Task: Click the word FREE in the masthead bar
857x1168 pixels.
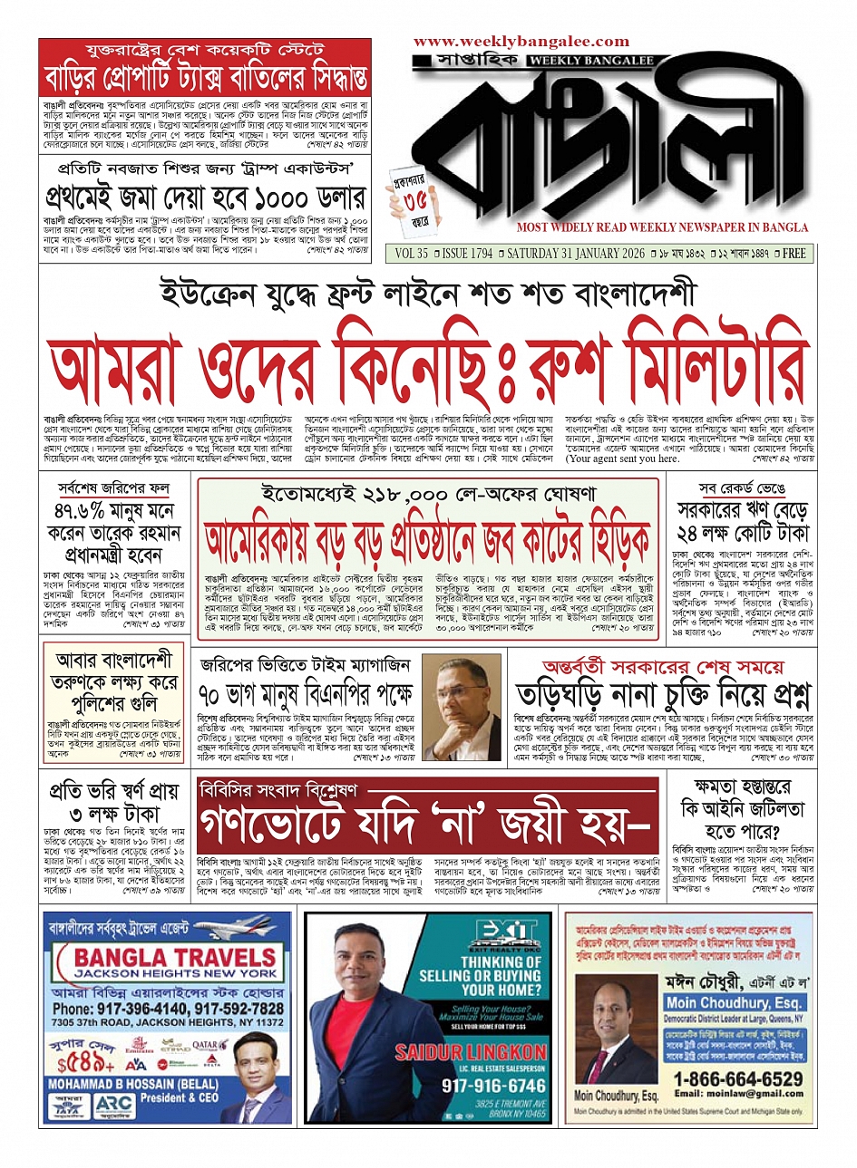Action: (794, 255)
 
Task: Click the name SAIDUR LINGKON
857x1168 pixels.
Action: (471, 1053)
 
